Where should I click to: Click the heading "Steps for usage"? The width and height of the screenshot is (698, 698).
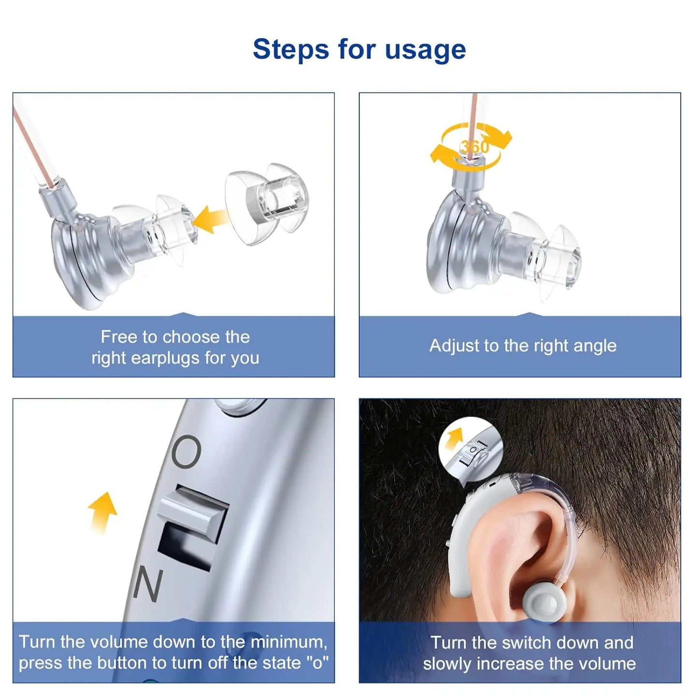[359, 49]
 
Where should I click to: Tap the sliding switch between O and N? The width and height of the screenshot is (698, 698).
[194, 513]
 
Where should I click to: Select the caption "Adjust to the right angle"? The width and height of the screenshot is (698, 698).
[523, 346]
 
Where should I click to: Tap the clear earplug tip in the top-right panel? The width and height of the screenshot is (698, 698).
[551, 258]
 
